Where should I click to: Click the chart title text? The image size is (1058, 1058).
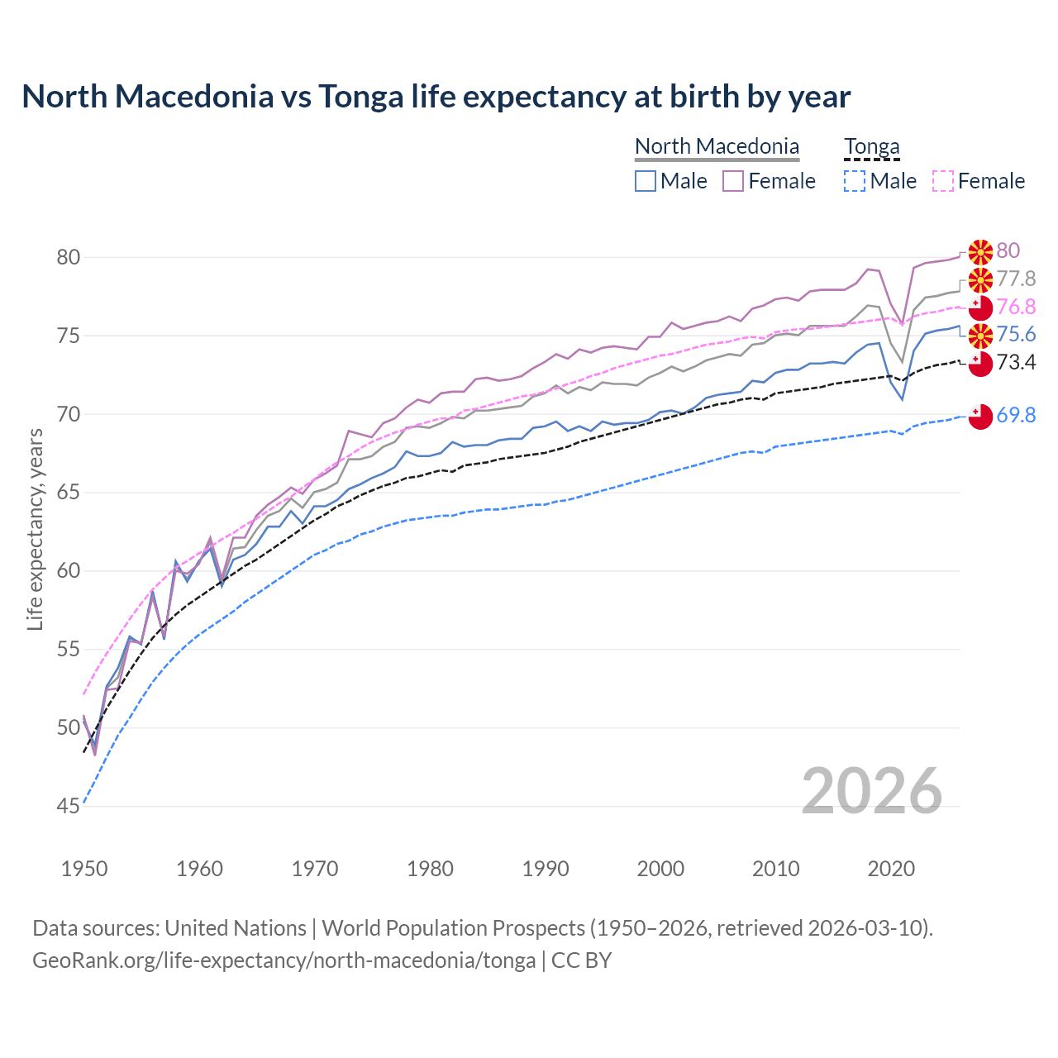436,97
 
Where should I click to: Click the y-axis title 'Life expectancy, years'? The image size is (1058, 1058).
35,529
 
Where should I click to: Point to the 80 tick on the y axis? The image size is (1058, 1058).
69,258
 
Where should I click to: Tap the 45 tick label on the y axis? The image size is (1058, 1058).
69,806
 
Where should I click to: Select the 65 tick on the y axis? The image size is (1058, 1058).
69,493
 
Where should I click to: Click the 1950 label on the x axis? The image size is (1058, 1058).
84,869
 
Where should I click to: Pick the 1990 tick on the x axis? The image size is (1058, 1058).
546,869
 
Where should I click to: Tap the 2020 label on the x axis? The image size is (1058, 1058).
891,869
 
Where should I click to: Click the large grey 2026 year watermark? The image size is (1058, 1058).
872,791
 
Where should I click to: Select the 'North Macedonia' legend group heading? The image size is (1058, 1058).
717,146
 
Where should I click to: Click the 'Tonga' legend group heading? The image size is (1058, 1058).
871,146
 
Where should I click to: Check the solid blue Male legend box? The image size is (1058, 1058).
646,181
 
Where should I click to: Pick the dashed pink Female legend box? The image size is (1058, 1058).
942,181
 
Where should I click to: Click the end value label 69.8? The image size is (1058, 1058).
1016,416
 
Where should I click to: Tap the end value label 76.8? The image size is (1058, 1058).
1016,307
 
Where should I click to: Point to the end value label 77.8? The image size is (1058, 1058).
1016,279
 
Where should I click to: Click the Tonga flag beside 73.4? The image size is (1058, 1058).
980,364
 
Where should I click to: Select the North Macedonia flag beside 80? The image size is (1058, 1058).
980,251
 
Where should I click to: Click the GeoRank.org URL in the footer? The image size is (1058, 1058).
284,960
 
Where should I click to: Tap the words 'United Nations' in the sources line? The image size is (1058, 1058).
236,928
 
